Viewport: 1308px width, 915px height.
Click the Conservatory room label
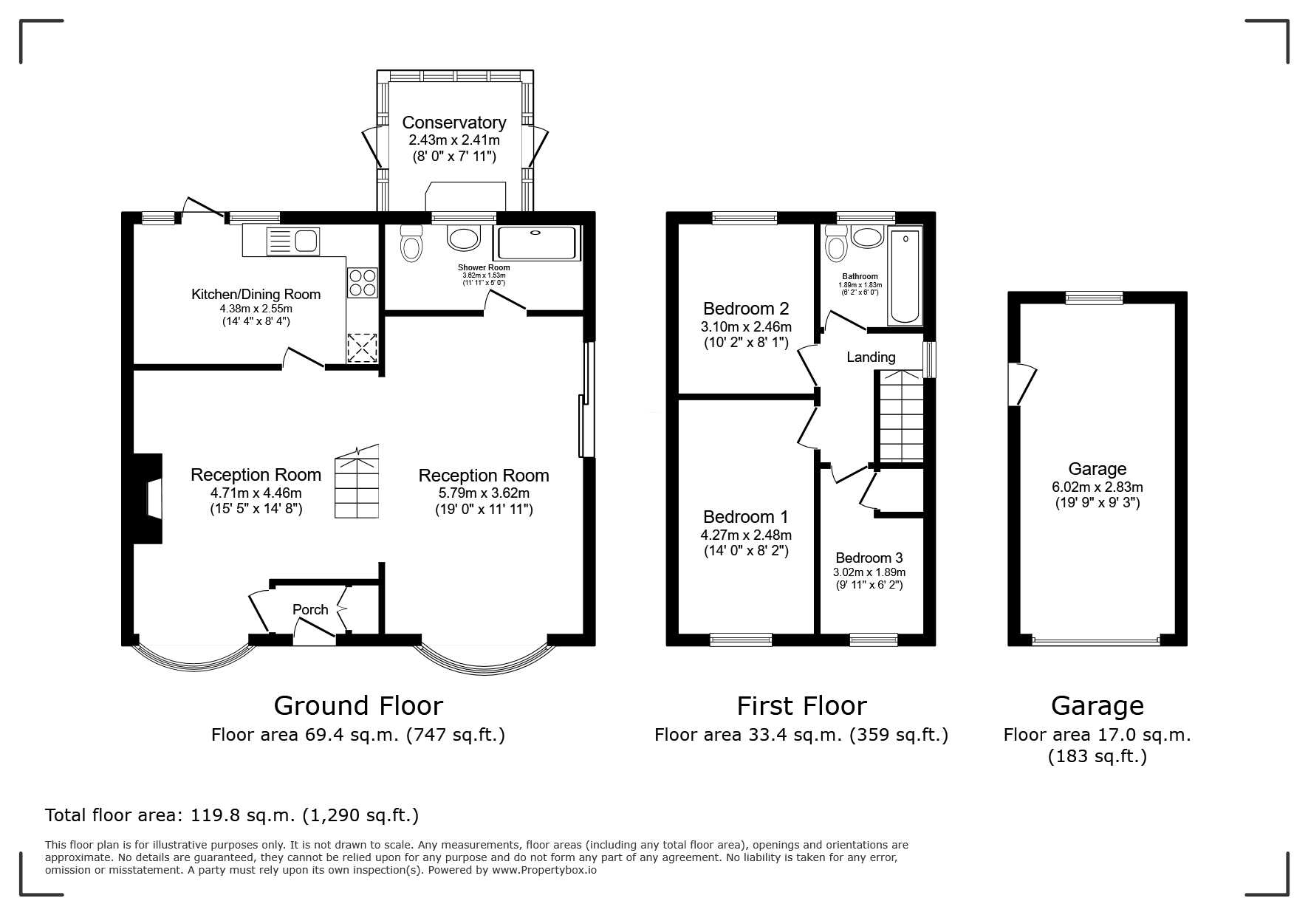pyautogui.click(x=454, y=123)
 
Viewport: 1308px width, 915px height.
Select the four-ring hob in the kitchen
pyautogui.click(x=363, y=283)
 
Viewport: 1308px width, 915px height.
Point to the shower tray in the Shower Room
pyautogui.click(x=537, y=243)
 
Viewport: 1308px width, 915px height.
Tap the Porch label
pyautogui.click(x=310, y=609)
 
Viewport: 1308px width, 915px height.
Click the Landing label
pyautogui.click(x=871, y=357)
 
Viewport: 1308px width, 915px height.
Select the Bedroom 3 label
pyautogui.click(x=869, y=558)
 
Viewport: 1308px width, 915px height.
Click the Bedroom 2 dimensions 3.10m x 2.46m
pyautogui.click(x=746, y=326)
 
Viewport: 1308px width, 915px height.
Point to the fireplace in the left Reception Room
pyautogui.click(x=148, y=499)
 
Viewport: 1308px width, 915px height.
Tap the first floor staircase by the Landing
pyautogui.click(x=900, y=417)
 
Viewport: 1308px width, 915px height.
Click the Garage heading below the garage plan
pyautogui.click(x=1098, y=706)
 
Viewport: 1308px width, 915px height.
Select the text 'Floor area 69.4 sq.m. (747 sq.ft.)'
pyautogui.click(x=358, y=735)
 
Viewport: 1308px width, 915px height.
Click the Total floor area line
pyautogui.click(x=232, y=815)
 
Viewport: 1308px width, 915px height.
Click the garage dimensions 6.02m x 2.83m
pyautogui.click(x=1098, y=487)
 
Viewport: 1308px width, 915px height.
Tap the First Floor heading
pyautogui.click(x=801, y=706)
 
